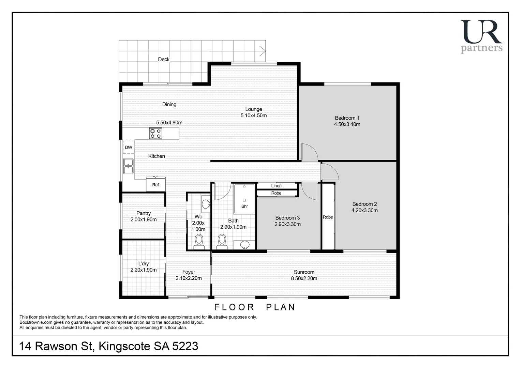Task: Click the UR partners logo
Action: (x=481, y=36)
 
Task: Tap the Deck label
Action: (x=164, y=59)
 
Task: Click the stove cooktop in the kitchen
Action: (x=155, y=133)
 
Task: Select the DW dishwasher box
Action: (x=129, y=147)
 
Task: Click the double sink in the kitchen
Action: (x=128, y=166)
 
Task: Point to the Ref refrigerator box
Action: (x=155, y=185)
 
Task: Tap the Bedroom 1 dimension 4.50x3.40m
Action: (x=347, y=124)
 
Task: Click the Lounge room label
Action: (x=253, y=109)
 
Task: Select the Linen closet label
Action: (x=276, y=186)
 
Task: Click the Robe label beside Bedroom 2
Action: (x=328, y=217)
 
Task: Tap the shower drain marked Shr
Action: (x=244, y=200)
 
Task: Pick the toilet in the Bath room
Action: (x=222, y=240)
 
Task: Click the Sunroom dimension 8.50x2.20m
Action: (x=304, y=278)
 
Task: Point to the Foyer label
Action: (x=189, y=272)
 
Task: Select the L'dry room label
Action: (x=143, y=263)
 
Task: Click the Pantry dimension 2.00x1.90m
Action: (x=143, y=219)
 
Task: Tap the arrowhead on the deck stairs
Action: (x=263, y=52)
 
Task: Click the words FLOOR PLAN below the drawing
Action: (x=254, y=307)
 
